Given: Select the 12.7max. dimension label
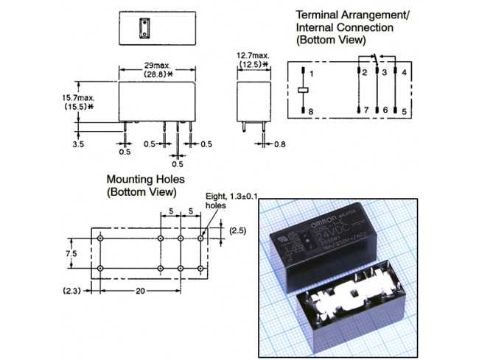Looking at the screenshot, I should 252,55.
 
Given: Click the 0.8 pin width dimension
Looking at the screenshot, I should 279,144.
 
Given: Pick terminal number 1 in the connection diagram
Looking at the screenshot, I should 312,74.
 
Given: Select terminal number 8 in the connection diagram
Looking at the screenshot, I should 312,110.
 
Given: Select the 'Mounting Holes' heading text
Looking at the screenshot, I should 145,179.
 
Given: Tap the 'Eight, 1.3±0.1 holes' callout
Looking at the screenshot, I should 228,202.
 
